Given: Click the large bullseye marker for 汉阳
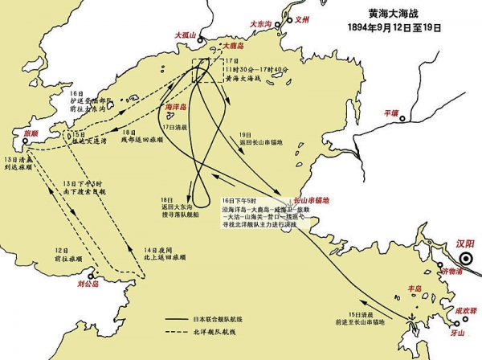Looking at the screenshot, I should tap(465, 259).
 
